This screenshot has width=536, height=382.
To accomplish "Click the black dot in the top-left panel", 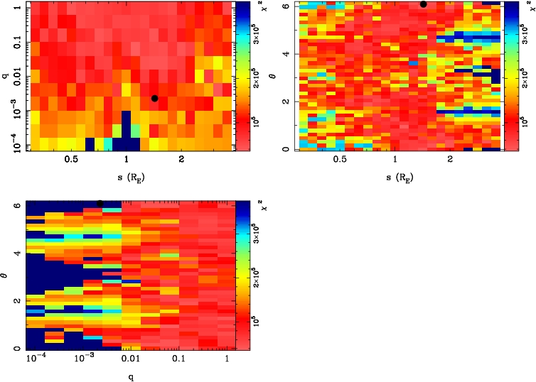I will pos(155,99).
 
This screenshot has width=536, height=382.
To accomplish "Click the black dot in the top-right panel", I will pos(423,4).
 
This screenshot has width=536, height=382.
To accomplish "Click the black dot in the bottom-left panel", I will pos(100,203).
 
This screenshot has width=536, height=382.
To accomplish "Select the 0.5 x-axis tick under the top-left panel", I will pos(71,160).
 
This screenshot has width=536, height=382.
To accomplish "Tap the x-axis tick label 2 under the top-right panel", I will pos(450,160).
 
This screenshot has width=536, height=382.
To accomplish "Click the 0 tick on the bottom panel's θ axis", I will pos(16,349).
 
